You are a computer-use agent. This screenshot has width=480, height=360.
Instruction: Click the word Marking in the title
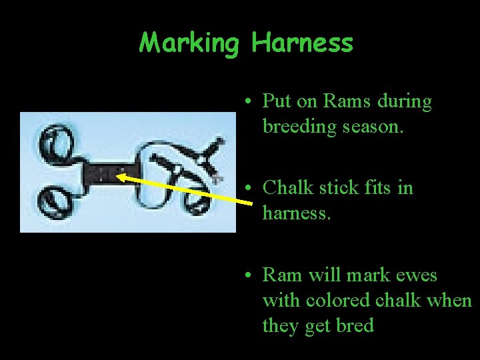coord(189,43)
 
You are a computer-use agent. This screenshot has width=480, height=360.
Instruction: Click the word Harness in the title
coord(302,43)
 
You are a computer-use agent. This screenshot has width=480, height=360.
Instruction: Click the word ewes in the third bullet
coord(416,275)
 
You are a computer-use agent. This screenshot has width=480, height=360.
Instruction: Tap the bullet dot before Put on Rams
coord(247,103)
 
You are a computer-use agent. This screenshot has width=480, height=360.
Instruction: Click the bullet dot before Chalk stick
coord(247,189)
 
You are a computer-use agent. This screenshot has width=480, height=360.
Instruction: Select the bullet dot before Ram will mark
coord(247,276)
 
